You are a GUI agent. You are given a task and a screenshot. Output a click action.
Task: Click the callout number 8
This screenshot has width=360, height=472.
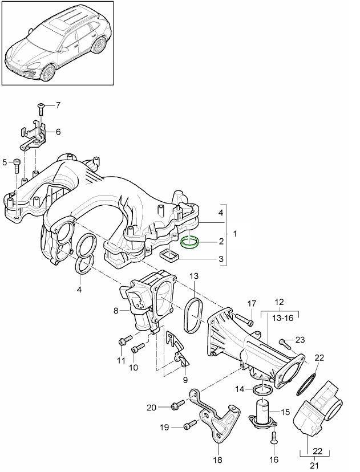[116, 311]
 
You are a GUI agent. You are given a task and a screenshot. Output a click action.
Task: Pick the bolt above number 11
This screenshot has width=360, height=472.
[122, 341]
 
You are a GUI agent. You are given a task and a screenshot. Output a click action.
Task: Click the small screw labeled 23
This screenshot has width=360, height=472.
[285, 343]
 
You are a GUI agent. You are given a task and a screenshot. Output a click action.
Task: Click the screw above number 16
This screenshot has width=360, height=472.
[273, 438]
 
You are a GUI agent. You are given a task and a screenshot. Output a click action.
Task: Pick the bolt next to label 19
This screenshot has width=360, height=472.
[189, 425]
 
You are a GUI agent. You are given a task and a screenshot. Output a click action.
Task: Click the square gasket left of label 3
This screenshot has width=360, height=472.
[169, 255]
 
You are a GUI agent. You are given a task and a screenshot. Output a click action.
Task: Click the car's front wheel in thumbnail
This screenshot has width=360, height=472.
[48, 71]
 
